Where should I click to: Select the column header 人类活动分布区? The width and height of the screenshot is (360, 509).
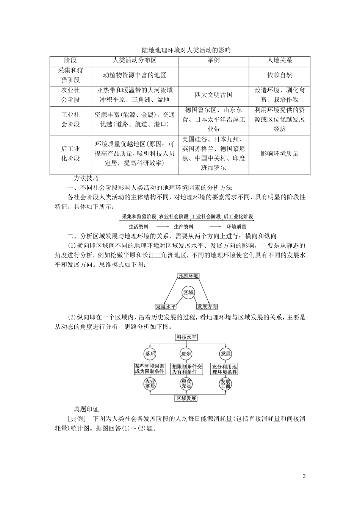135,61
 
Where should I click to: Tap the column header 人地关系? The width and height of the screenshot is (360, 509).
280,61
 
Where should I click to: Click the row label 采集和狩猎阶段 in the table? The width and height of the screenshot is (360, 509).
70,75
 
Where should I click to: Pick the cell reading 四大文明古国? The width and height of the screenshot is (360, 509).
213,95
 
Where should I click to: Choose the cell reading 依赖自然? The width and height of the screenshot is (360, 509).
280,75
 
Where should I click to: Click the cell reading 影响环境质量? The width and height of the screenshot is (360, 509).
280,153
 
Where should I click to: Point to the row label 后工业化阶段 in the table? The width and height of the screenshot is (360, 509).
70,153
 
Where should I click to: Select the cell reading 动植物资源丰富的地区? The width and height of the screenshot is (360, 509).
135,75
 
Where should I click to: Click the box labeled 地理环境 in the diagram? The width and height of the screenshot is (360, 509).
188,276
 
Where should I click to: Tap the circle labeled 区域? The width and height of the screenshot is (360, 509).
188,292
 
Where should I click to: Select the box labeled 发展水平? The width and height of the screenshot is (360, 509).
166,306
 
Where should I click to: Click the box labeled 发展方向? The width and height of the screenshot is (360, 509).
207,306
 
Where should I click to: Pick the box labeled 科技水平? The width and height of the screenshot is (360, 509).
186,337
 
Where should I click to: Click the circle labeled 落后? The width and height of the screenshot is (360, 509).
150,354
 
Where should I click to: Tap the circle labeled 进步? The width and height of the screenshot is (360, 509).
186,354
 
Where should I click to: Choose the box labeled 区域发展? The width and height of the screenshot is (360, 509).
186,398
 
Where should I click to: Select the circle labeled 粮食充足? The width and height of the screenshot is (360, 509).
186,384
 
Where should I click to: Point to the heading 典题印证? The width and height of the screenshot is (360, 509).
86,409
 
